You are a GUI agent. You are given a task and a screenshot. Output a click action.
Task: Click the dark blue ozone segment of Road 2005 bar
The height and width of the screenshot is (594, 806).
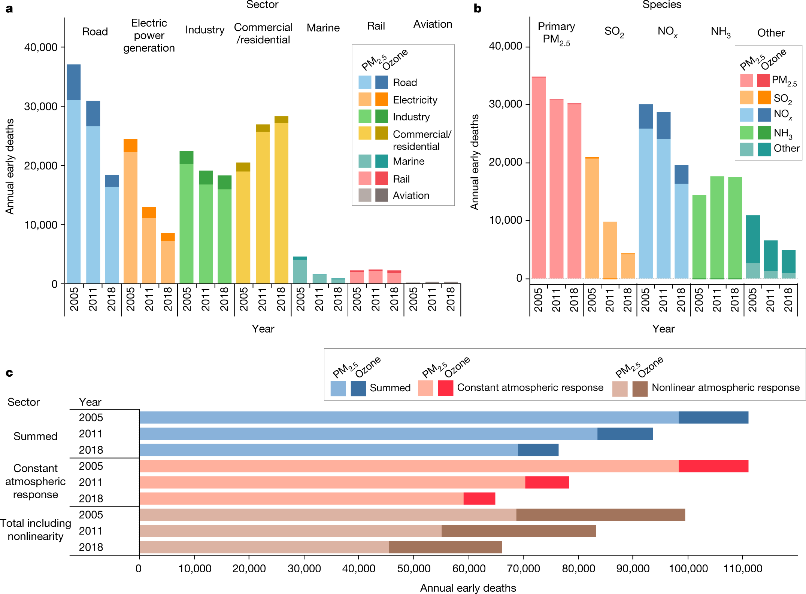74,82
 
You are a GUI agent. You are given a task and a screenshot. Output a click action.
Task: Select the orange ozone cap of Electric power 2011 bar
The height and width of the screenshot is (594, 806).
149,212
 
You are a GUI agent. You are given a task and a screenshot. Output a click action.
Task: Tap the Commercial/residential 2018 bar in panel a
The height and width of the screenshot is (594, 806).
281,202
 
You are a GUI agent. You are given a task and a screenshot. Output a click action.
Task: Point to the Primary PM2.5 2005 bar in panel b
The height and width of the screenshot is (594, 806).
539,178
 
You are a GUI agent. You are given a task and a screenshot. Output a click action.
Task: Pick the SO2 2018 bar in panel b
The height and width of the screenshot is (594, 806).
628,266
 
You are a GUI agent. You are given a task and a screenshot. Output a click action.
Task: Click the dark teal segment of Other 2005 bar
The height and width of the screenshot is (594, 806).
753,239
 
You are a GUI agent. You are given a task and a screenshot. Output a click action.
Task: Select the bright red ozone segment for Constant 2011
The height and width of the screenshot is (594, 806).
547,482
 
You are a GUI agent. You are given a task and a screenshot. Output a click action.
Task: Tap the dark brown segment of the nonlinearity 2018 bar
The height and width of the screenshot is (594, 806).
445,547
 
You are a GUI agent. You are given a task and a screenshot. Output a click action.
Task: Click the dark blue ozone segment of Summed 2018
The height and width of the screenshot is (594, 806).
538,450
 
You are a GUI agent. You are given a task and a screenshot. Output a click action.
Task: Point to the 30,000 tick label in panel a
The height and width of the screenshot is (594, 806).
41,107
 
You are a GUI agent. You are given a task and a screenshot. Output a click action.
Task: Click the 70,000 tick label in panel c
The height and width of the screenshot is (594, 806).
523,569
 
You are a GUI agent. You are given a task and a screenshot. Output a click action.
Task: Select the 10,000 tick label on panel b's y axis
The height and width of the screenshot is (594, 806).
505,220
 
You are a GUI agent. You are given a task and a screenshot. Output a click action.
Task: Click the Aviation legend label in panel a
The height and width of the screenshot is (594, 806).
411,195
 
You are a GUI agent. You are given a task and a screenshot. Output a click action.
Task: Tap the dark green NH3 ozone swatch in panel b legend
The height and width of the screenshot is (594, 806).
764,132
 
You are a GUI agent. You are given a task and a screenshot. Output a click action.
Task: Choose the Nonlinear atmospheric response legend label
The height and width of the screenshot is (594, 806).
725,388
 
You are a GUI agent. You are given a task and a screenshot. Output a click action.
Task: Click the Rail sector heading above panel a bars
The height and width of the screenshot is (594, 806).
376,26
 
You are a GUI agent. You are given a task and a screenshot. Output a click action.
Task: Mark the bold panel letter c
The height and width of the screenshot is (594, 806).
9,373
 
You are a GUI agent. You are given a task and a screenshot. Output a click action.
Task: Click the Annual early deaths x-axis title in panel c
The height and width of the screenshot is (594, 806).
468,588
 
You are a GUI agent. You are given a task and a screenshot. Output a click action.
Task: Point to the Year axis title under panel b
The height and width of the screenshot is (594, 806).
663,328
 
